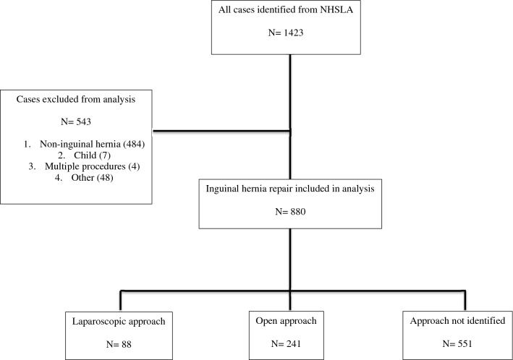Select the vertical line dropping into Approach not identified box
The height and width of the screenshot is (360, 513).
pos(464,299)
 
